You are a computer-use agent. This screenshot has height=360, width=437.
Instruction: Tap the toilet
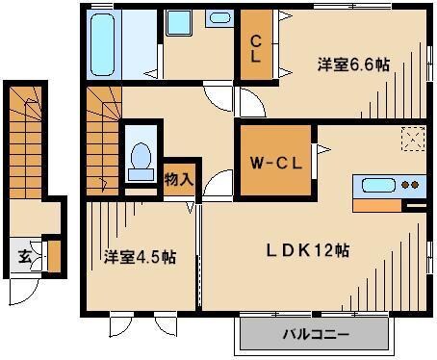tap(141, 157)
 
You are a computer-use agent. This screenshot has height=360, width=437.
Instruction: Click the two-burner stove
tap(411, 186)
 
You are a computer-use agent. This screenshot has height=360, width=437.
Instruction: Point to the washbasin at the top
tap(219, 17)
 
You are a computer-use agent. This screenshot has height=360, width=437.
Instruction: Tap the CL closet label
tap(256, 47)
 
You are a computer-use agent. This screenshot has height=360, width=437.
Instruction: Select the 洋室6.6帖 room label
tap(354, 64)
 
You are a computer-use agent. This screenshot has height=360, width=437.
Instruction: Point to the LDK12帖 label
tap(308, 249)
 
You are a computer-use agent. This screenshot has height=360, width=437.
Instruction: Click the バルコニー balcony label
tap(316, 336)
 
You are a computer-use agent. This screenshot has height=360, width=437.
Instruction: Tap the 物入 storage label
tap(178, 179)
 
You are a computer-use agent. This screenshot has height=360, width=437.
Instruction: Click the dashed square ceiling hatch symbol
tap(413, 141)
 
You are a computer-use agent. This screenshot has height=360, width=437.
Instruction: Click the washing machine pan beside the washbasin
tap(178, 22)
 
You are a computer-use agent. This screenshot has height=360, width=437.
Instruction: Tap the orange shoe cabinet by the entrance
tap(54, 256)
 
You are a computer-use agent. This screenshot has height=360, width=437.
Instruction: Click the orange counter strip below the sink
tap(381, 204)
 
